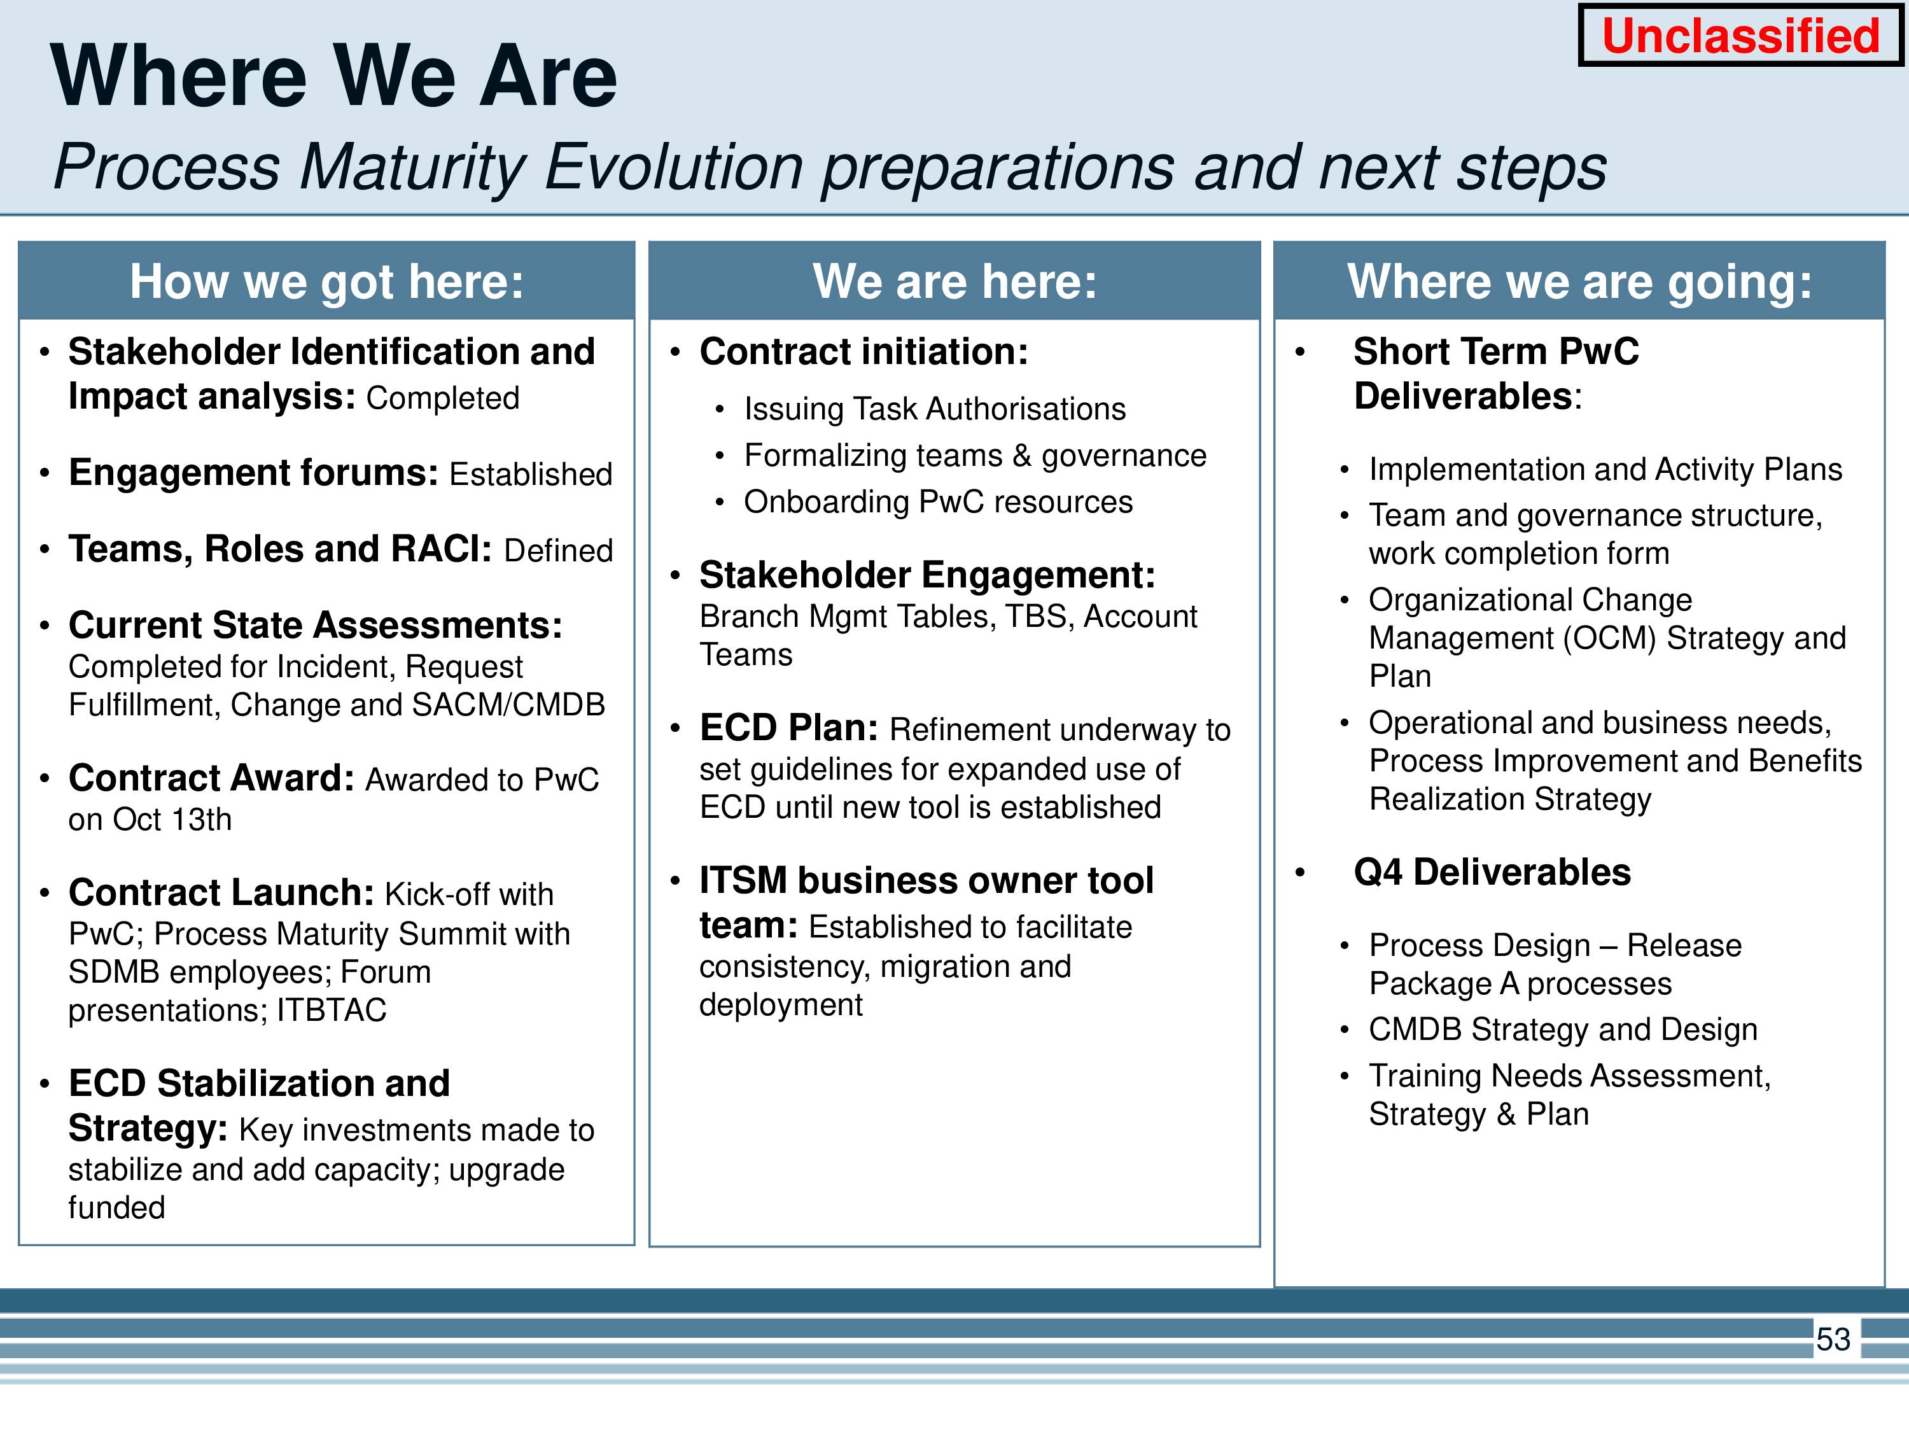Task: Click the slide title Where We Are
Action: pyautogui.click(x=334, y=77)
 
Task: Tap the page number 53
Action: pyautogui.click(x=1833, y=1339)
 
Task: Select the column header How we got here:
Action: pyautogui.click(x=326, y=281)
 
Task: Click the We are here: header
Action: pyautogui.click(x=954, y=281)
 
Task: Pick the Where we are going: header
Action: pyautogui.click(x=1579, y=281)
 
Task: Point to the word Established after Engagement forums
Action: pyautogui.click(x=531, y=474)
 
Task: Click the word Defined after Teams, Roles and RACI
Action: pyautogui.click(x=558, y=551)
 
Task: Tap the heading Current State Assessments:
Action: pyautogui.click(x=315, y=625)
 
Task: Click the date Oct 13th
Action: pyautogui.click(x=172, y=819)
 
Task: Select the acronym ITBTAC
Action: pyautogui.click(x=332, y=1010)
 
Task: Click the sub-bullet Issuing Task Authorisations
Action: pyautogui.click(x=935, y=409)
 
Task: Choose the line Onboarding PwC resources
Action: pyautogui.click(x=938, y=502)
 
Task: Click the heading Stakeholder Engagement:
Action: pyautogui.click(x=927, y=575)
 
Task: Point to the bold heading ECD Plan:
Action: pyautogui.click(x=789, y=727)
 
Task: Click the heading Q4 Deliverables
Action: pyautogui.click(x=1492, y=872)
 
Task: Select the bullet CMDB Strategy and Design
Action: pyautogui.click(x=1563, y=1030)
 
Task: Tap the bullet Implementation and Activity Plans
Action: pyautogui.click(x=1605, y=470)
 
